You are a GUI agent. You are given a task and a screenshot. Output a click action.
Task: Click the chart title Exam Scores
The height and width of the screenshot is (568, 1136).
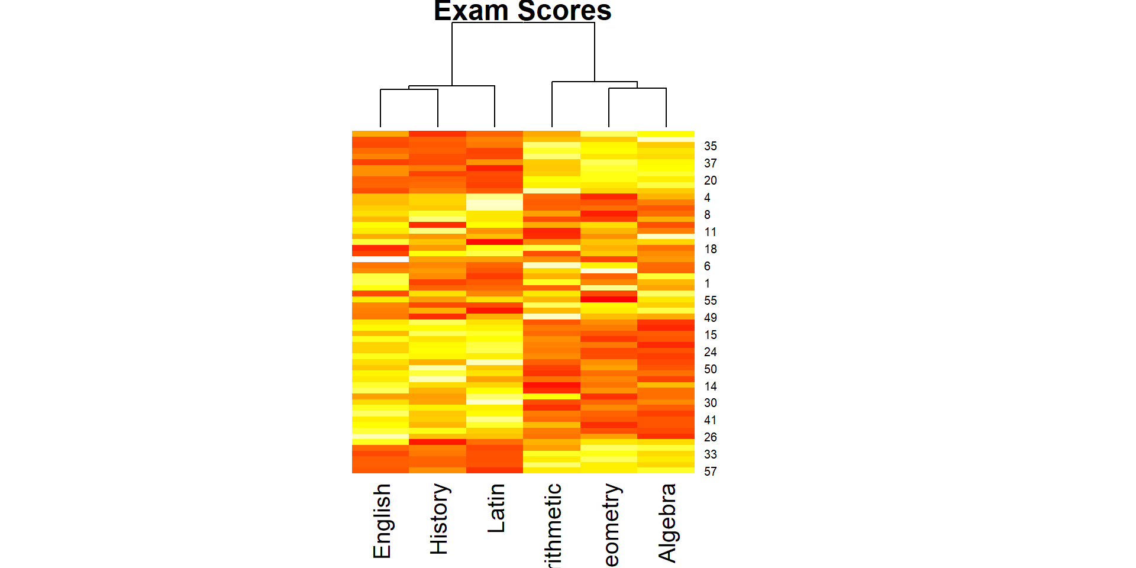(522, 11)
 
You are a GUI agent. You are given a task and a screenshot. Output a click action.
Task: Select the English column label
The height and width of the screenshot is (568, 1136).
(382, 521)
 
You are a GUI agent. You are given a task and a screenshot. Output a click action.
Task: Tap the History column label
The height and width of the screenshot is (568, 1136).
(438, 519)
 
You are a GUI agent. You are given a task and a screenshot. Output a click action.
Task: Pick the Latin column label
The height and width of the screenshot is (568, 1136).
(496, 508)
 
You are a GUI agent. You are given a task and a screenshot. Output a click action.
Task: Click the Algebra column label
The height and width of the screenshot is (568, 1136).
(667, 522)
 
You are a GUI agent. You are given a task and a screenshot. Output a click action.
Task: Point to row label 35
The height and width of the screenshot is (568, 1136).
(710, 146)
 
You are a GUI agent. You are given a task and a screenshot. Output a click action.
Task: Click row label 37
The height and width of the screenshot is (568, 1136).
(710, 163)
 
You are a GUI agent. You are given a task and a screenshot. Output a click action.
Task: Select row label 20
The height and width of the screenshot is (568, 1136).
(710, 180)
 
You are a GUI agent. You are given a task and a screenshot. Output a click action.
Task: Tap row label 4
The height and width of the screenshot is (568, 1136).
(707, 198)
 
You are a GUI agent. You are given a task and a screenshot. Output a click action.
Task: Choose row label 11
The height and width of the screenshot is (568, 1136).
(710, 232)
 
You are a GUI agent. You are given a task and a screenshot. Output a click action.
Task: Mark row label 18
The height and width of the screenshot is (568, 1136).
(710, 249)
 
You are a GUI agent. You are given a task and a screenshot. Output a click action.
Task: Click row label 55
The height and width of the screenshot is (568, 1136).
(710, 301)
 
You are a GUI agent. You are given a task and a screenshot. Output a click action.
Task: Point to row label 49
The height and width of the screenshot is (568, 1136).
(710, 318)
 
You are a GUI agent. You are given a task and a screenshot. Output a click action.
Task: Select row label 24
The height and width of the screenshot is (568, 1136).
(710, 352)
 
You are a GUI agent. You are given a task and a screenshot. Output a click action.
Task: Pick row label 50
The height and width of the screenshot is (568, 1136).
(710, 369)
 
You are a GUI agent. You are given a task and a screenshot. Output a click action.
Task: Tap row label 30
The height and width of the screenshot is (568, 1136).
(710, 403)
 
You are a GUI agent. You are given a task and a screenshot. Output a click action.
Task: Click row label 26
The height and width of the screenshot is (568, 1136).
(710, 437)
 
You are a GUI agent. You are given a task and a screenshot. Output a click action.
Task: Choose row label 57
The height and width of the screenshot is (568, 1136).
(710, 472)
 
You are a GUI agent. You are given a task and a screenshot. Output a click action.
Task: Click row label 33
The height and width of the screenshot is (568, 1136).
(710, 454)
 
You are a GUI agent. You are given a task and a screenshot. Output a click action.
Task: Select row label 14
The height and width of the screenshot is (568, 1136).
(710, 386)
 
